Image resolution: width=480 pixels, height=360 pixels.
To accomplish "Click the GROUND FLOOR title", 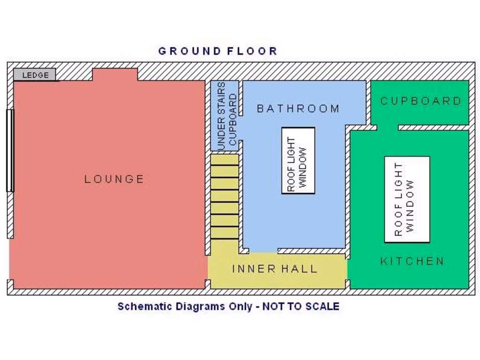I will [217, 51].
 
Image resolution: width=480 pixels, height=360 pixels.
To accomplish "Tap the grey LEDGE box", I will [35, 75].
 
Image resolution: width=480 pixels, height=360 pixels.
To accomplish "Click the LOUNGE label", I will [114, 179].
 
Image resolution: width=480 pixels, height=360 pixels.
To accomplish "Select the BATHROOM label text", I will [298, 109].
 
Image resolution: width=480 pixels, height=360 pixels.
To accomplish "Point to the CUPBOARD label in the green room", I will [420, 101].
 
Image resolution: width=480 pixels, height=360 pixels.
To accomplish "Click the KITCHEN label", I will [412, 261].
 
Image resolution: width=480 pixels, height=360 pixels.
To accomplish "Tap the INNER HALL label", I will [275, 269].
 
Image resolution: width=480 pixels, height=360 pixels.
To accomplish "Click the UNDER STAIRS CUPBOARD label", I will [227, 116].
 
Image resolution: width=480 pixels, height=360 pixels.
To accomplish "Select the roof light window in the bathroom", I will [298, 160].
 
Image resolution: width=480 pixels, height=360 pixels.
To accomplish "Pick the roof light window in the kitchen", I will [407, 199].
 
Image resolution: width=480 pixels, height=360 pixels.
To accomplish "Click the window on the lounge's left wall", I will [10, 150].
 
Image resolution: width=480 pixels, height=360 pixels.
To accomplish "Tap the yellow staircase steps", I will [224, 197].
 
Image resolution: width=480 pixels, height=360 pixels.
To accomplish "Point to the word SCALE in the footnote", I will [322, 307].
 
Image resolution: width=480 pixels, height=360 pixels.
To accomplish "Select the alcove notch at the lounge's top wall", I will [115, 75].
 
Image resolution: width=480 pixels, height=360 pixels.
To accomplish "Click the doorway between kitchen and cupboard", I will [387, 127].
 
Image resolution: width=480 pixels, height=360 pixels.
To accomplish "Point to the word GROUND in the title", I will [189, 51].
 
